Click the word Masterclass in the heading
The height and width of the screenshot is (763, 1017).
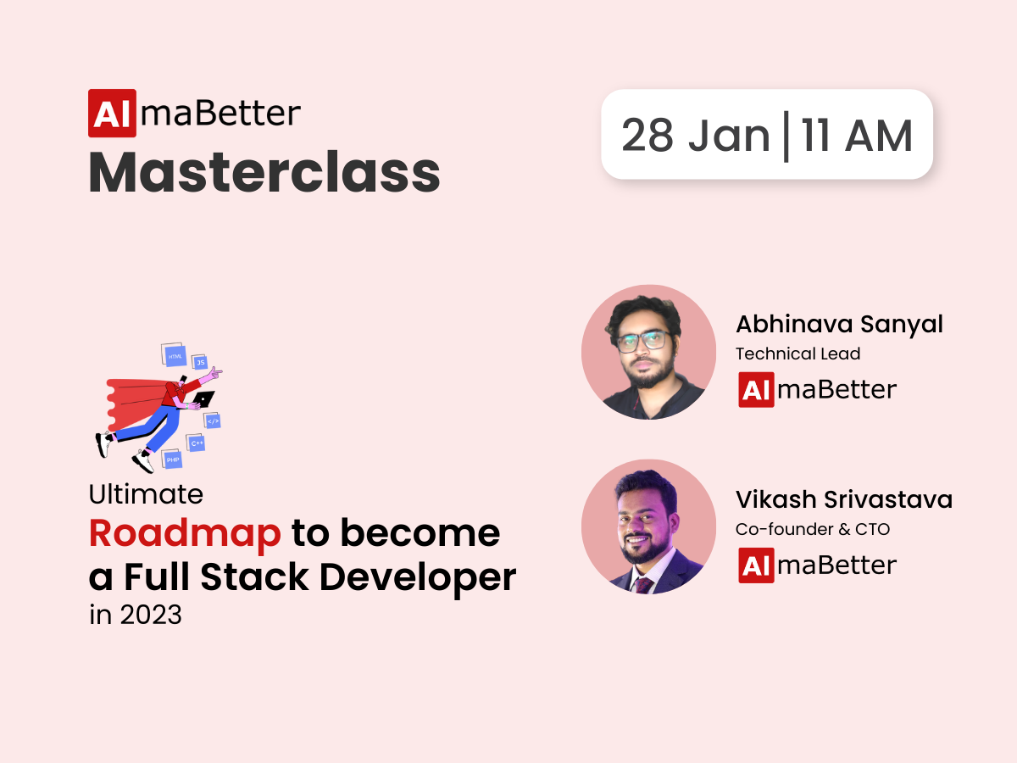264,172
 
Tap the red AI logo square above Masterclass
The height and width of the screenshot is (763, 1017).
112,113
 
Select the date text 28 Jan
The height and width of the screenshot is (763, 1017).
696,136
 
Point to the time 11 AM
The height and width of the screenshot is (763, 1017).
857,136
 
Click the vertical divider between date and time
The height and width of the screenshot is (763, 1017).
786,136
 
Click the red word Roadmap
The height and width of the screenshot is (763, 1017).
185,533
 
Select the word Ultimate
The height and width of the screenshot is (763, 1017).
146,494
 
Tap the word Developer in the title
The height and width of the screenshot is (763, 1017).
418,577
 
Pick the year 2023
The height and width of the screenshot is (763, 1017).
151,615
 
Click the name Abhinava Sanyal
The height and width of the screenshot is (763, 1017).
840,324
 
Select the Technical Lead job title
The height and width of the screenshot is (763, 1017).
797,354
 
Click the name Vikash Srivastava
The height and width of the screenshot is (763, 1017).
844,499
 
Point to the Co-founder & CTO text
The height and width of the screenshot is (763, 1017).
813,529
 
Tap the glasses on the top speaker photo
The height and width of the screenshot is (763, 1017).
644,342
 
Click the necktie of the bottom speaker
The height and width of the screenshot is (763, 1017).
643,586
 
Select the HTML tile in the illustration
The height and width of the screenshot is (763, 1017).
175,356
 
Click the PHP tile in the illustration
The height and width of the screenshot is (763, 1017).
172,459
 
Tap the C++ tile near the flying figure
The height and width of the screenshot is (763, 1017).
196,443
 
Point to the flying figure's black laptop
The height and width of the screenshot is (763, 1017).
203,398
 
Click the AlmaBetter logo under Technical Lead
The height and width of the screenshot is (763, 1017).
817,390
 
